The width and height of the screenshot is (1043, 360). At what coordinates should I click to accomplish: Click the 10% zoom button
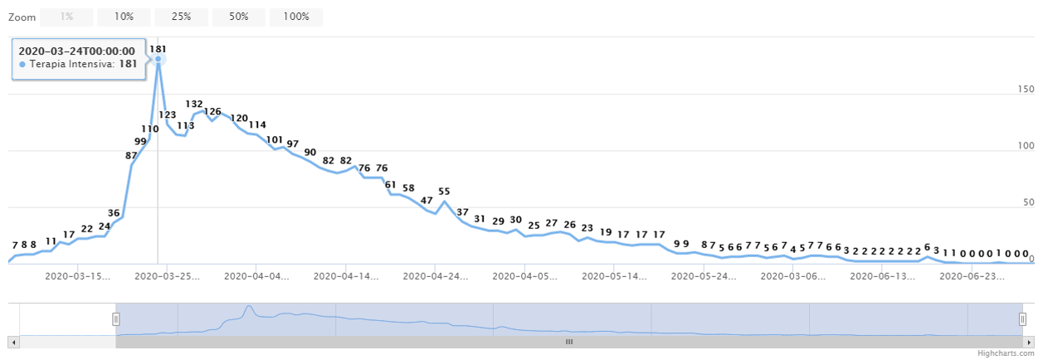pyautogui.click(x=124, y=17)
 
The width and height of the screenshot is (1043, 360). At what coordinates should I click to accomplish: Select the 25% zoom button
pyautogui.click(x=181, y=17)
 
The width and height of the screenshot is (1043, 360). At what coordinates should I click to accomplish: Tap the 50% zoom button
pyautogui.click(x=239, y=17)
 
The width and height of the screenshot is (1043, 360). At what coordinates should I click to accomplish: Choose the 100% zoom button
pyautogui.click(x=296, y=17)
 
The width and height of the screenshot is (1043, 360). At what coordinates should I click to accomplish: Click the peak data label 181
pyautogui.click(x=158, y=49)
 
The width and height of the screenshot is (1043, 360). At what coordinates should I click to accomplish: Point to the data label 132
pyautogui.click(x=194, y=105)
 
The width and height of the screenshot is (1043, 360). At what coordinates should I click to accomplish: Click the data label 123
pyautogui.click(x=168, y=115)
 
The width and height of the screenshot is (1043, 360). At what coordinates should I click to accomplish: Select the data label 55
pyautogui.click(x=444, y=192)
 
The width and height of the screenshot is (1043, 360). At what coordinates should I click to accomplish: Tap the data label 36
pyautogui.click(x=114, y=213)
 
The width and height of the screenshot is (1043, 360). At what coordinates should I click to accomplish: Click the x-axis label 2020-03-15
pyautogui.click(x=77, y=276)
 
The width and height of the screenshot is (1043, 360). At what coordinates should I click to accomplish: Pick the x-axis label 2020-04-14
pyautogui.click(x=348, y=276)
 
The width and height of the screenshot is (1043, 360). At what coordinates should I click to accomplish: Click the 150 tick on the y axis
pyautogui.click(x=1027, y=90)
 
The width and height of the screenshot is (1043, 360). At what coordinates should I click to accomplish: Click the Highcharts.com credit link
pyautogui.click(x=1010, y=353)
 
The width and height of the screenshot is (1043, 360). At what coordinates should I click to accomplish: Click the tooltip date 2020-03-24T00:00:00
pyautogui.click(x=76, y=51)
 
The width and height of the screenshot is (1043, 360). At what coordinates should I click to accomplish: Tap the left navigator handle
pyautogui.click(x=116, y=319)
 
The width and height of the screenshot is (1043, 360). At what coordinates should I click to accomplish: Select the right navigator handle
pyautogui.click(x=1022, y=319)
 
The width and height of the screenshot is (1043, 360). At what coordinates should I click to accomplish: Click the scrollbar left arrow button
pyautogui.click(x=12, y=341)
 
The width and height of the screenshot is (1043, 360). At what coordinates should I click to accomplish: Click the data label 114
pyautogui.click(x=257, y=125)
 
